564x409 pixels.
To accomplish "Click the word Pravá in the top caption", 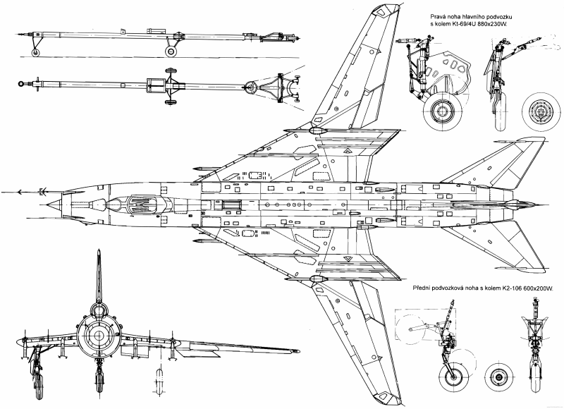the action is [437, 17].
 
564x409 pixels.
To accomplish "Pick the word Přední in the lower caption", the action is [420, 288].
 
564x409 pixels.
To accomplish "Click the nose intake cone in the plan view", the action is [54, 204].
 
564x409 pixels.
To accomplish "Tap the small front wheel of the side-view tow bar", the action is [36, 52].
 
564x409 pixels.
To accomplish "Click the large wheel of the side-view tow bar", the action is [171, 51].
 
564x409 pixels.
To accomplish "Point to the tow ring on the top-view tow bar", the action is [22, 84].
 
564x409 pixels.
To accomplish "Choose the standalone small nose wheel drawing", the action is [498, 377].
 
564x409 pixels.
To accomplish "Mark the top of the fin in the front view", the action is [99, 251].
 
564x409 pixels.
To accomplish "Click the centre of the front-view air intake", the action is [98, 336].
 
